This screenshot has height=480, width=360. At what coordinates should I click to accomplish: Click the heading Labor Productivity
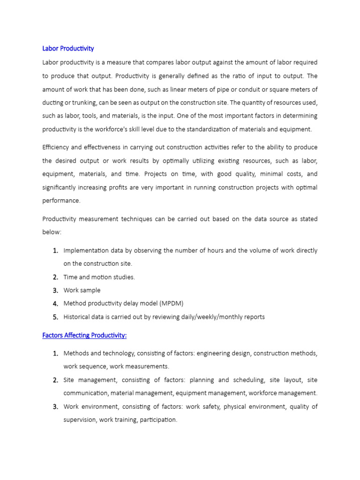[68, 48]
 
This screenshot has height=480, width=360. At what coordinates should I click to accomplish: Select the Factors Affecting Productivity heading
[84, 336]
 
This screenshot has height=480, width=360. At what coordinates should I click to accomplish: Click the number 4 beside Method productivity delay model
[55, 303]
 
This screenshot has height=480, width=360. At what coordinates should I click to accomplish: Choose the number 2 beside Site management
[55, 380]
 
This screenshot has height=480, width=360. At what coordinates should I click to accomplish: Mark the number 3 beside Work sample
[55, 290]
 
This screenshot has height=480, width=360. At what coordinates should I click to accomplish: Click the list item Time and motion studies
[99, 277]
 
